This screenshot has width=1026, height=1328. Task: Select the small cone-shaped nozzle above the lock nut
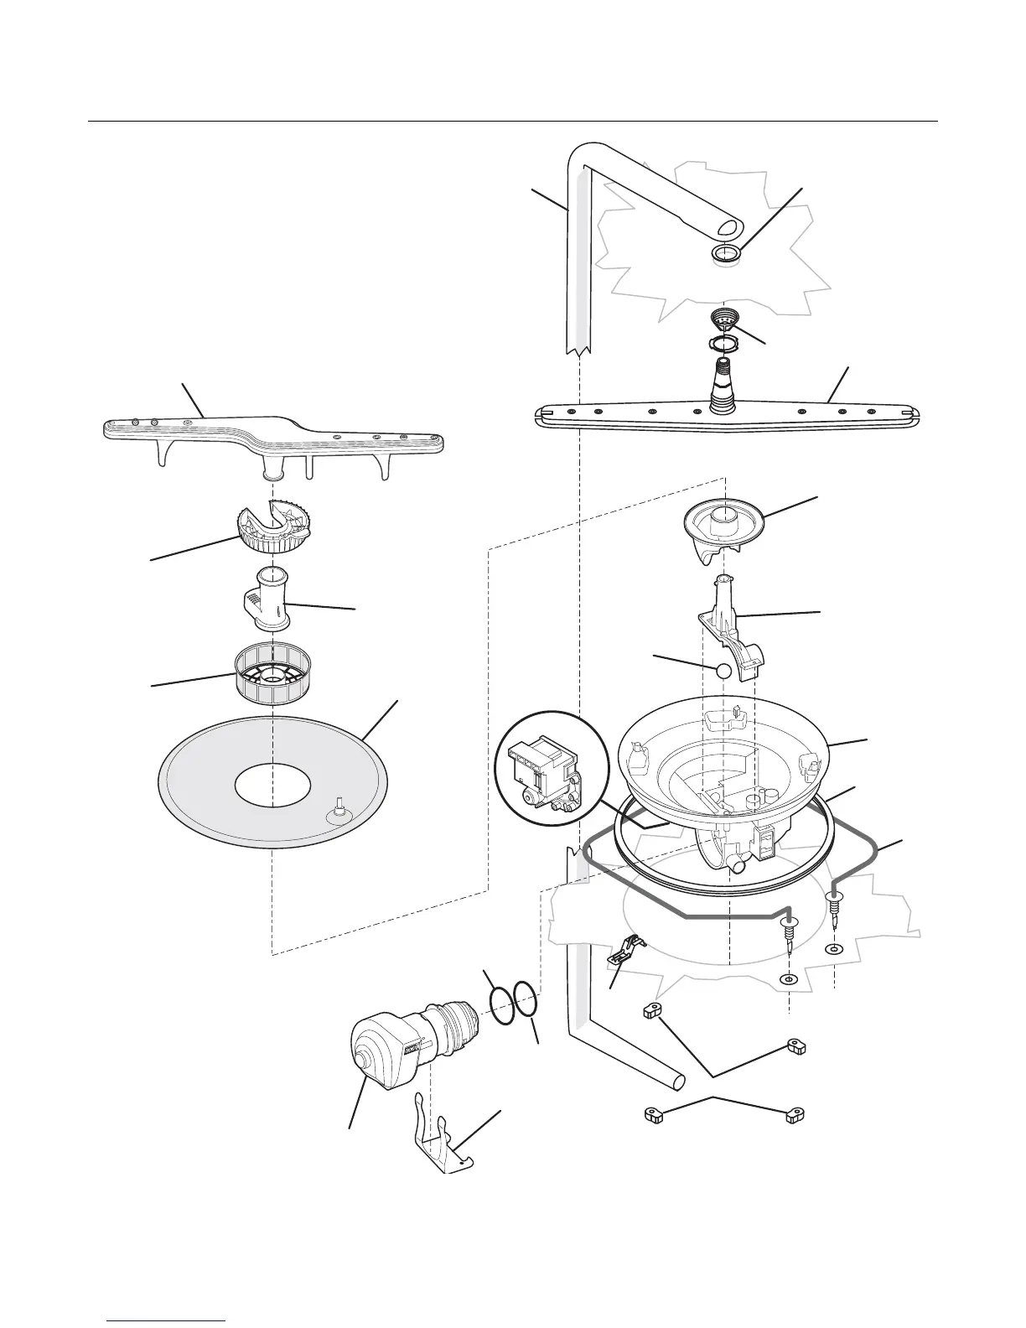[x=723, y=318]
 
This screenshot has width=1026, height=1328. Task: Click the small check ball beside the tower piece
[x=723, y=670]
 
